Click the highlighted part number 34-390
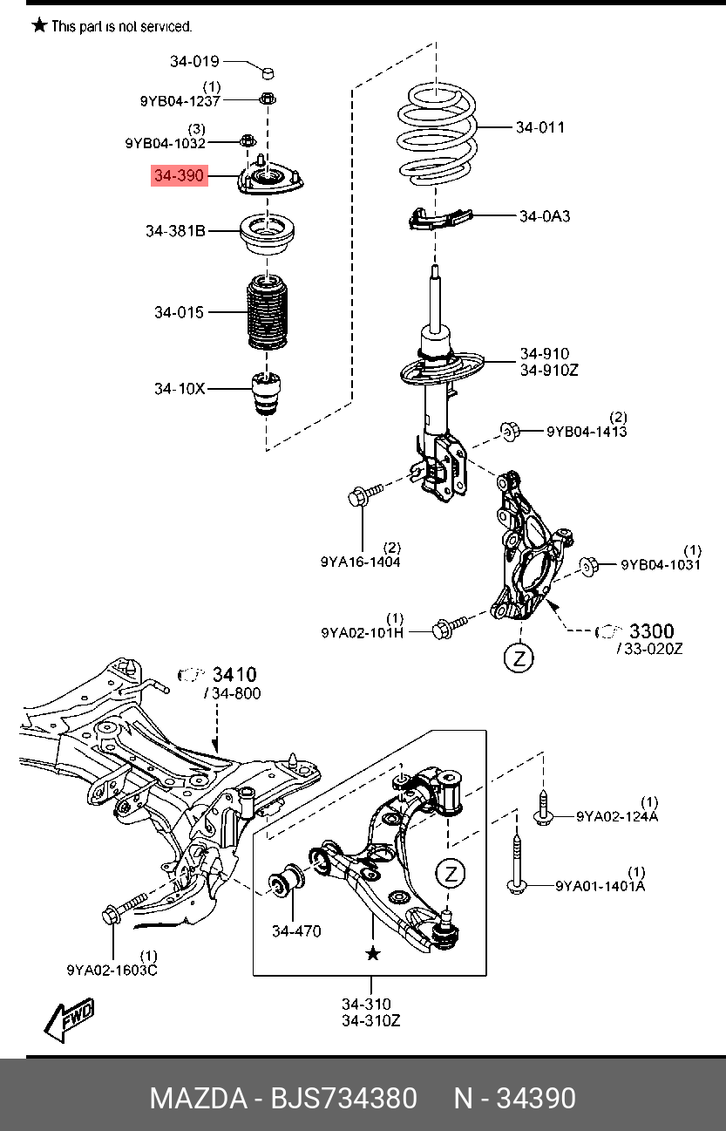(179, 176)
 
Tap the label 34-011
(539, 127)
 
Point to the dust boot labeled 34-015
(267, 313)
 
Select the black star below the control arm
(373, 954)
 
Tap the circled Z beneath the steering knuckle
(519, 657)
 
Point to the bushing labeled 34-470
(288, 882)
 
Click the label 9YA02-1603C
(112, 970)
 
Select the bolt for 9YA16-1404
(366, 496)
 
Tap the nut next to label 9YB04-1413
(511, 429)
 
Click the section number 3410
(234, 674)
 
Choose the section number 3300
(652, 630)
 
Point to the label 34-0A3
(545, 215)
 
